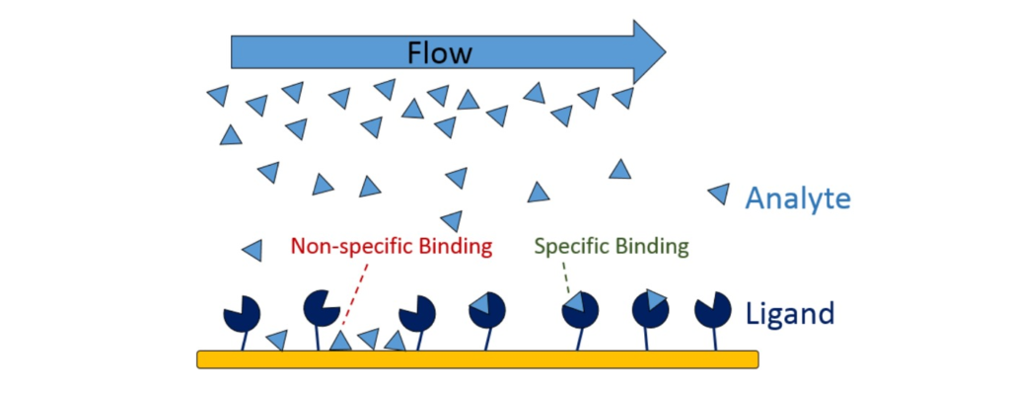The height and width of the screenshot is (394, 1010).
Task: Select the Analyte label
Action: coord(797,198)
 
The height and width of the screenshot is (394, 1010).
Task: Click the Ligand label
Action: coord(791,314)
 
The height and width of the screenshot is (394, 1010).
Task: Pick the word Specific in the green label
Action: coord(572,245)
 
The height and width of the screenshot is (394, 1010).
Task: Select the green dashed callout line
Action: coord(569,279)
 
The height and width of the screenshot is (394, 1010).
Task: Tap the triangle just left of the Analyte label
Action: coord(718,195)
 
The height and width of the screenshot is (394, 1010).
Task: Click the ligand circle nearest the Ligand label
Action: coord(712,310)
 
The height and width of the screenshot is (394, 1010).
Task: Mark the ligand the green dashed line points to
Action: coord(581,312)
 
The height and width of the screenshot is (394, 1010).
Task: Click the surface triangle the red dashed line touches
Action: coord(340,342)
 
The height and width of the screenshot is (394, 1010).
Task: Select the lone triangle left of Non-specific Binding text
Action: coord(253,251)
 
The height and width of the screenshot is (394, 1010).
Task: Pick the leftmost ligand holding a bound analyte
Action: coord(487,310)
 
